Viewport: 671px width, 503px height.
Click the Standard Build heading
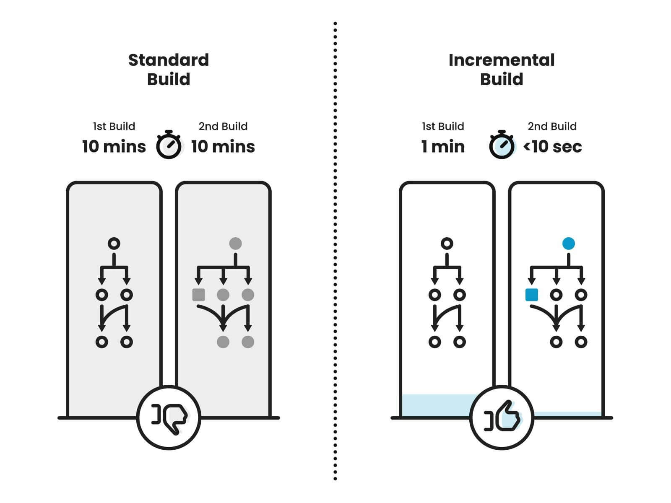(169, 70)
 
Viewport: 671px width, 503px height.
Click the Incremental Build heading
(502, 70)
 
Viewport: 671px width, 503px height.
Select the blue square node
(532, 295)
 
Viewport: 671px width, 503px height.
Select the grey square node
(198, 295)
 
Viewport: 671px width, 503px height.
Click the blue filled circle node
(568, 244)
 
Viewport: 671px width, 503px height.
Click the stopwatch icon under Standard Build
(169, 145)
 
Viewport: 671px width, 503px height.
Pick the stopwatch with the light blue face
(502, 145)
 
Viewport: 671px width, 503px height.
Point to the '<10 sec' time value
(553, 147)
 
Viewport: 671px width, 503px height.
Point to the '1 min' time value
(443, 147)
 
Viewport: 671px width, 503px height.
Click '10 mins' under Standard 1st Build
(114, 147)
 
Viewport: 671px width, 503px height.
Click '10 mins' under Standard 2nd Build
(223, 147)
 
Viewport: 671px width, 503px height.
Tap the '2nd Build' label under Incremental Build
(552, 126)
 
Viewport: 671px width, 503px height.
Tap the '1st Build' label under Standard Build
(114, 126)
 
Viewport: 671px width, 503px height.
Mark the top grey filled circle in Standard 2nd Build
(235, 244)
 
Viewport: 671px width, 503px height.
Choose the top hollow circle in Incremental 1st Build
(447, 244)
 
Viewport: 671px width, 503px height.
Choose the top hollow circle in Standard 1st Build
(114, 244)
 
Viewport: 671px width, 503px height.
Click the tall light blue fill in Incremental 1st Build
(436, 405)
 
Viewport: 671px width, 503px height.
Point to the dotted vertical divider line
(335, 251)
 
